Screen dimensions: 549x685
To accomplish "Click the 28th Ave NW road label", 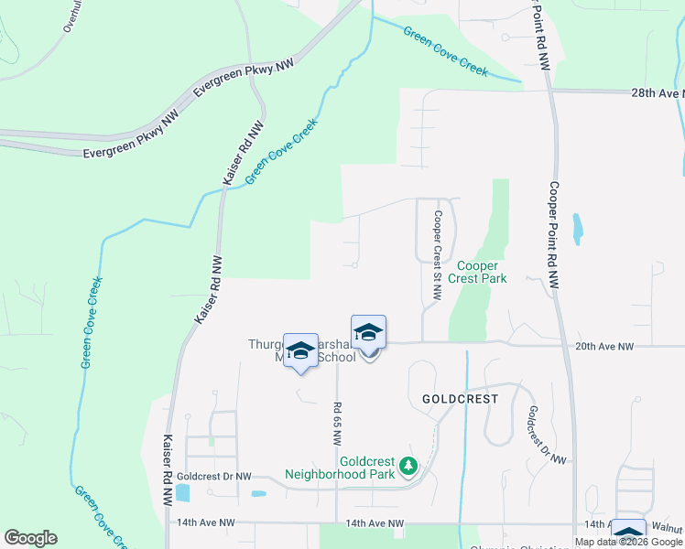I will coord(658,93).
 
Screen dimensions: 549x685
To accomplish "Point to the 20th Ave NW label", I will coord(605,347).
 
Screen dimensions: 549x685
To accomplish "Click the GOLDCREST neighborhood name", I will coord(460,400).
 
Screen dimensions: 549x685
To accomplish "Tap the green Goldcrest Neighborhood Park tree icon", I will coord(408,468).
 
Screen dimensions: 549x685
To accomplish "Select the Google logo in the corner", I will coord(30,538).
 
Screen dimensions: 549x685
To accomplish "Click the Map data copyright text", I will coord(628,542).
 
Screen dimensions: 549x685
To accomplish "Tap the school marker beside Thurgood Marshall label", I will coord(300,351).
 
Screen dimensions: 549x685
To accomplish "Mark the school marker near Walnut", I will coord(628,534).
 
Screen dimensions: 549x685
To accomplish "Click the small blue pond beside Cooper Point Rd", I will coord(577,229).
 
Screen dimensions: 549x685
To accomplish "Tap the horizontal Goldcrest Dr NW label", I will coord(214,477).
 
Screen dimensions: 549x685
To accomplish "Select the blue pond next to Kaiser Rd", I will coord(182,493).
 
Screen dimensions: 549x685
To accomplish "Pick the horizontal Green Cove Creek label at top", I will coord(446,51).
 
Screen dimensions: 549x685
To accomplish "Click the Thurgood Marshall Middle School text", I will coord(302,351).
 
